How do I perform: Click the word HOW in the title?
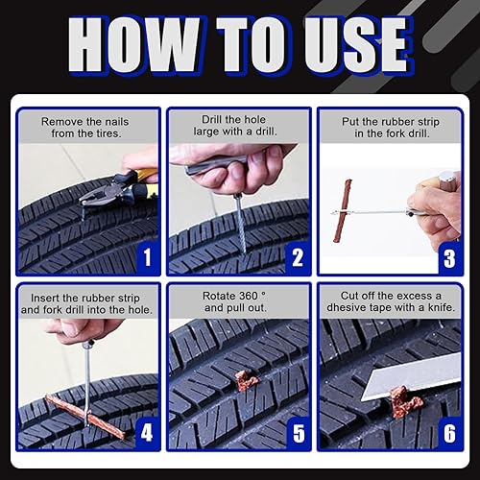(133, 45)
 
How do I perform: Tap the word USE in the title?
(357, 45)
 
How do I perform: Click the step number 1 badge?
(147, 257)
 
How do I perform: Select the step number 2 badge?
(298, 257)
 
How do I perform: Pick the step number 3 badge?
(449, 258)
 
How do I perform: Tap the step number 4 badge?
(147, 433)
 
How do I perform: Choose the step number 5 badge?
(299, 433)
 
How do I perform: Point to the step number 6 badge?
(449, 433)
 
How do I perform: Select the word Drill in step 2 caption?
(212, 120)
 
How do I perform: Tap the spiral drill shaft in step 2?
(241, 224)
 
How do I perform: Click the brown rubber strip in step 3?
(343, 210)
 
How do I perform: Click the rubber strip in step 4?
(85, 417)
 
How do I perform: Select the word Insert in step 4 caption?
(45, 299)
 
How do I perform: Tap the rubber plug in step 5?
(246, 380)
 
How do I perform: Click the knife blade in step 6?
(411, 376)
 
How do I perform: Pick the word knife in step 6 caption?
(442, 307)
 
